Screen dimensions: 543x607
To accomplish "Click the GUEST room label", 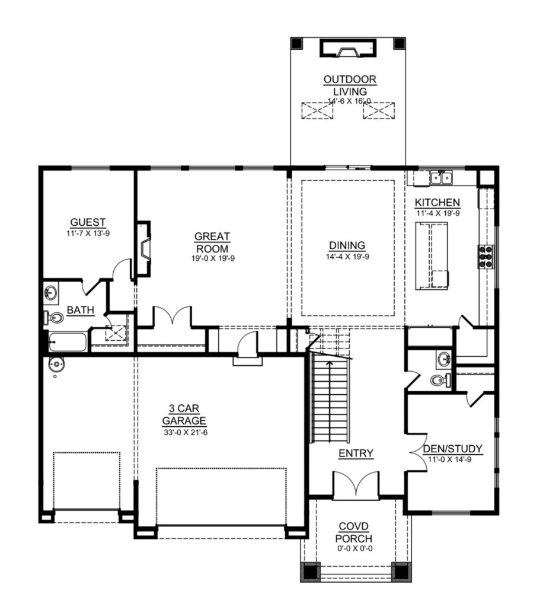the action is point(88,223).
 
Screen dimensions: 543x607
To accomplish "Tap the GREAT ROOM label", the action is point(212,242).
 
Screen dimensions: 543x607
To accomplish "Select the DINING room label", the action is point(347,245).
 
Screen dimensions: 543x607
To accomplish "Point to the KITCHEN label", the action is point(437,203).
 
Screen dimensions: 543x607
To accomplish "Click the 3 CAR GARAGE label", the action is point(184,414).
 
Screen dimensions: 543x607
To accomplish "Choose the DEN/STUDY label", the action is point(453,449).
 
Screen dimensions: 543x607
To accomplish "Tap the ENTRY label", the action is point(356,453).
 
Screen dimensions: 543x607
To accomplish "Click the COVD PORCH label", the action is point(354,533).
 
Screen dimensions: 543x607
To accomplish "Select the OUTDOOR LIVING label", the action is point(350,85).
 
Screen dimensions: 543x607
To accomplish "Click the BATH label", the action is point(81,310).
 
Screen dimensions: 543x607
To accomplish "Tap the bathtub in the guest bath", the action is point(67,342).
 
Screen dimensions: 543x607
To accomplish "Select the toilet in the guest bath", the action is point(53,318).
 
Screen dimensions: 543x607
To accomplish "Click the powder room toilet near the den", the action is point(440,380).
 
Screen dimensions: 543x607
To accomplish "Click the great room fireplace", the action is point(143,248).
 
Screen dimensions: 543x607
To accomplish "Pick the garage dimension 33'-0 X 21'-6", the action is point(186,432).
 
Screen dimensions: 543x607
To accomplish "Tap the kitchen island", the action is point(432,256).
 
